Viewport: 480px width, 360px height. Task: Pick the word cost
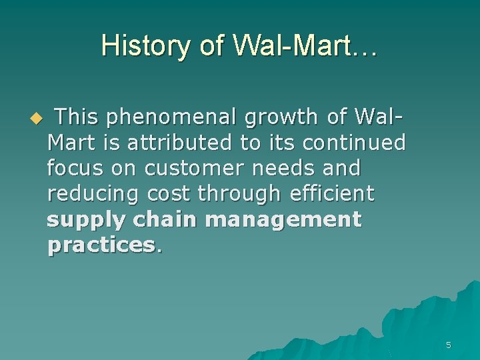pos(171,194)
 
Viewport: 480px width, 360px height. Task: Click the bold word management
pos(284,219)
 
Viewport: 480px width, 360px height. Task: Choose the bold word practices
pos(101,245)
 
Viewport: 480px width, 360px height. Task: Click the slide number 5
pos(448,345)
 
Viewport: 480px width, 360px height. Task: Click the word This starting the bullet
pos(77,117)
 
